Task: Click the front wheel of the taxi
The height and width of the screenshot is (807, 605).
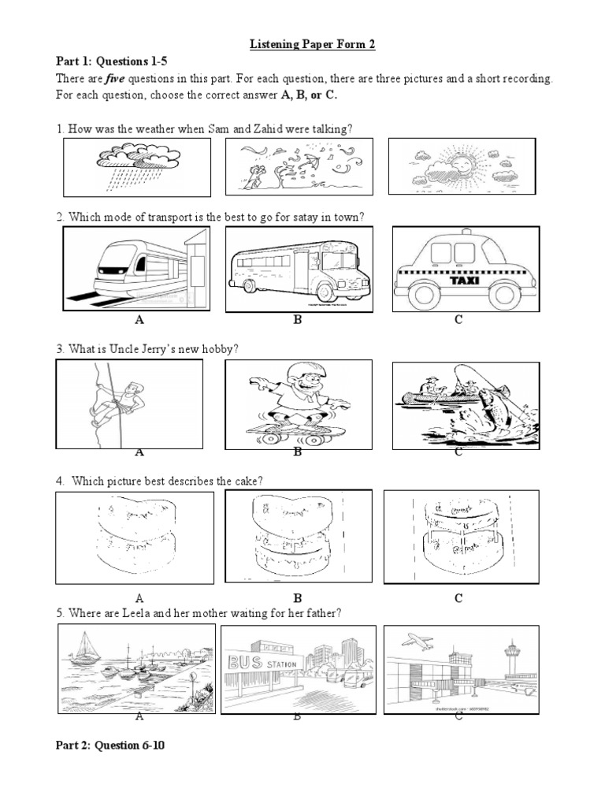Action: click(x=425, y=296)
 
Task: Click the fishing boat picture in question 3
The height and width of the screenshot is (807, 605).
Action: click(x=465, y=403)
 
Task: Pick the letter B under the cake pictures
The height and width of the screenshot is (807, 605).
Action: click(x=298, y=598)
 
